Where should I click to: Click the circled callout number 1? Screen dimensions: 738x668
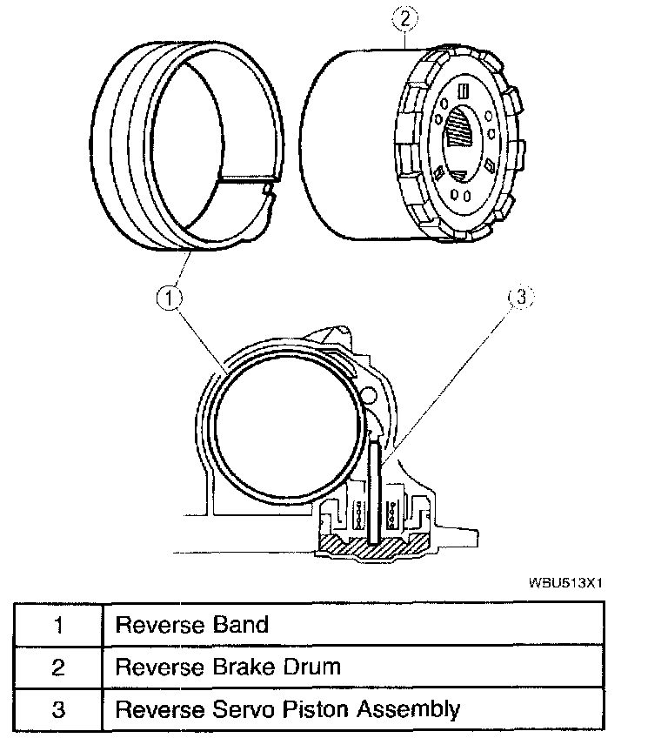coord(170,299)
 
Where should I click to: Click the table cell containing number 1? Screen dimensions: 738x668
coord(58,624)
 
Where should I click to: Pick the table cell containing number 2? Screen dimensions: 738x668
coord(58,667)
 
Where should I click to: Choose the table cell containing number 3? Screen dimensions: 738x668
coord(58,709)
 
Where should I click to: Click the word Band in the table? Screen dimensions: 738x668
coord(240,624)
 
